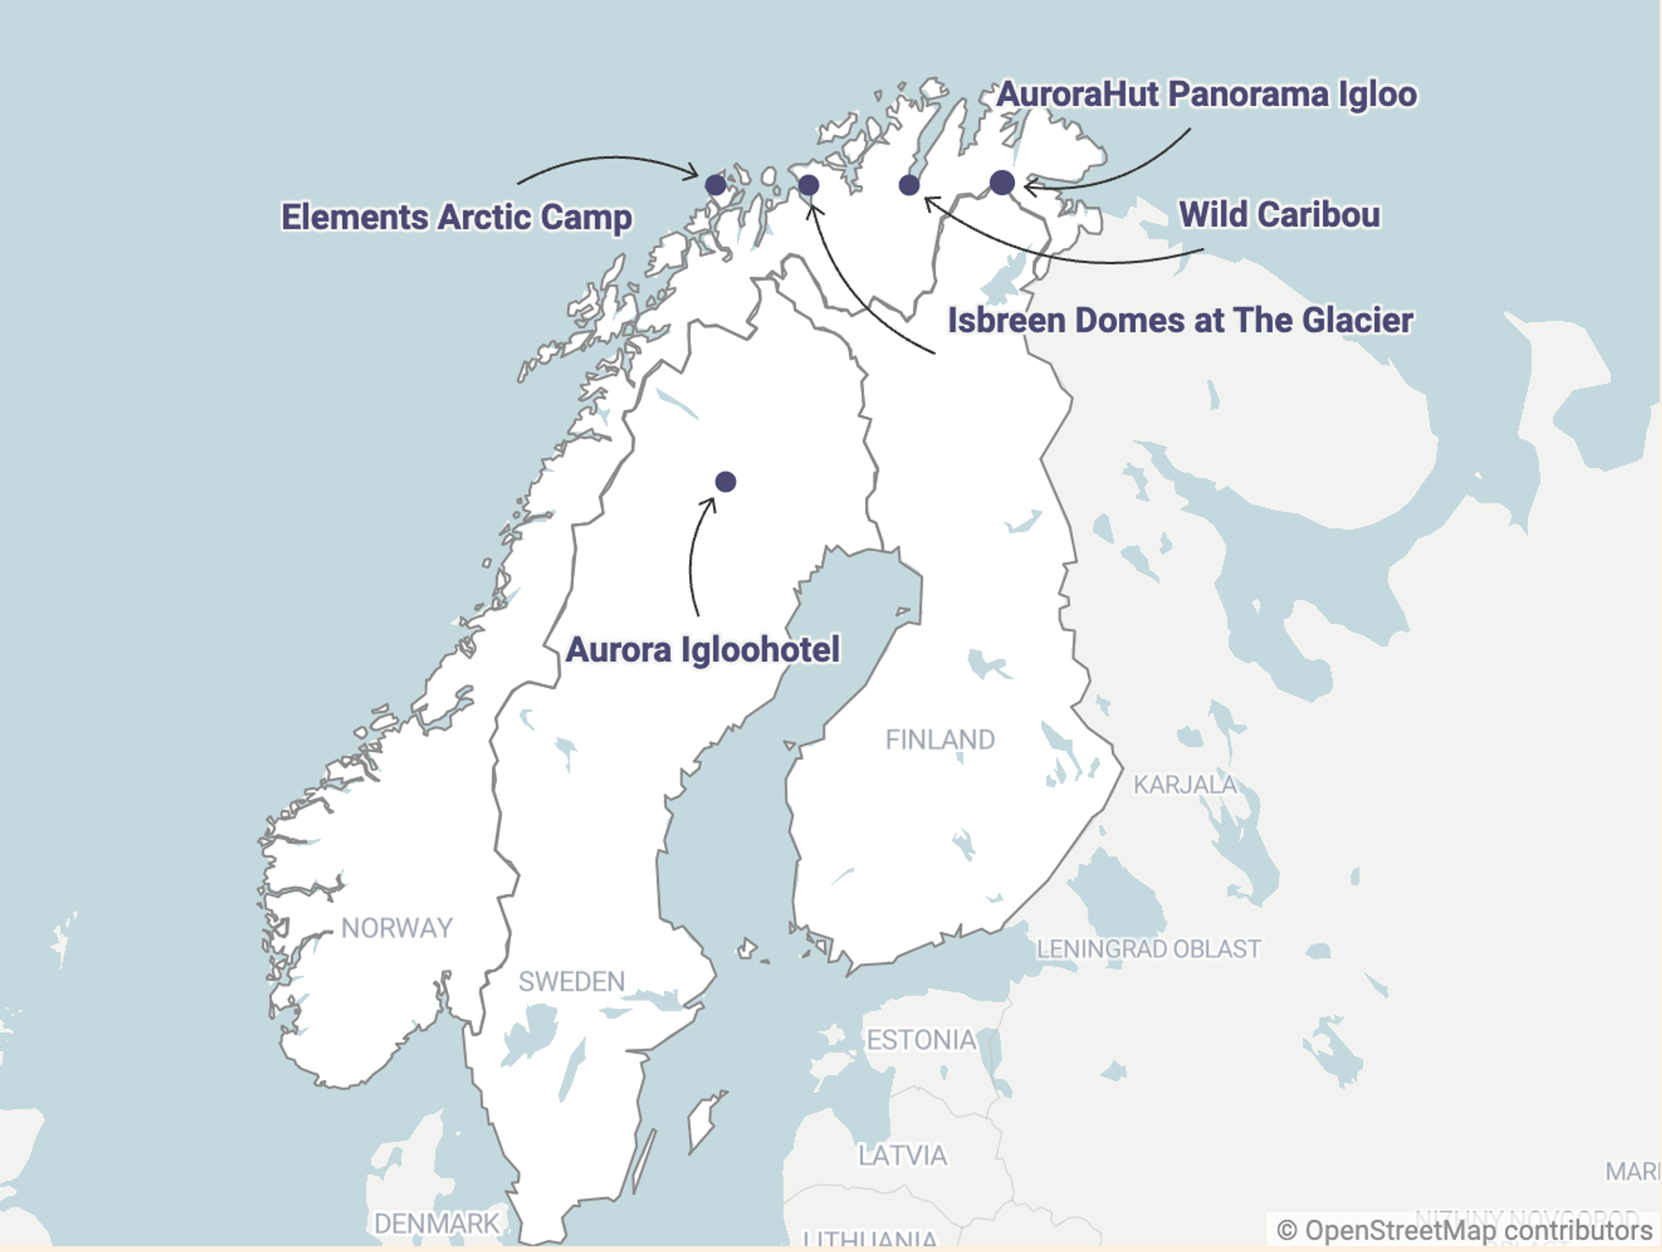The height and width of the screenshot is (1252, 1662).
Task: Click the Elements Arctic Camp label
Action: tap(456, 217)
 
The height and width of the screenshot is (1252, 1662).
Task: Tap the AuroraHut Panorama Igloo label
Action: tap(1206, 95)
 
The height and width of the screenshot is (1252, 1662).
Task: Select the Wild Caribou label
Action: tap(1279, 214)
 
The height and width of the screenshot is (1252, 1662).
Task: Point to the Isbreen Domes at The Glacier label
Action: tap(1179, 320)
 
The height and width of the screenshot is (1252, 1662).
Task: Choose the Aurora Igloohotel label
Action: tap(702, 650)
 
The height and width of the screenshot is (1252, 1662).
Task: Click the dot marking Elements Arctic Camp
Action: tap(715, 184)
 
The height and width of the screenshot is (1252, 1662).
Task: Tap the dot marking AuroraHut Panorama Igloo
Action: tap(1001, 182)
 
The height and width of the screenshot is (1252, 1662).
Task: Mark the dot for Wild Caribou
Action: tap(909, 184)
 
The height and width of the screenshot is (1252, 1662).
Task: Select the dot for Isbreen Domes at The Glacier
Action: tap(808, 185)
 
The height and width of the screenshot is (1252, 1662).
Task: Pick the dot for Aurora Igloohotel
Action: tap(725, 482)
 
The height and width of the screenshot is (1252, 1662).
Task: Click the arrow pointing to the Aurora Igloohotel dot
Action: tap(692, 556)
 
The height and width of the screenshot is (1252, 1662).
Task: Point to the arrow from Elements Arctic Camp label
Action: tap(609, 159)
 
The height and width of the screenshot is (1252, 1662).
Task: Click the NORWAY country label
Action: tap(397, 928)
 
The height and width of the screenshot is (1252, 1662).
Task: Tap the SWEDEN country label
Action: tap(571, 981)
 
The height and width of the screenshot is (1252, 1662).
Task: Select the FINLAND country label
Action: tap(940, 740)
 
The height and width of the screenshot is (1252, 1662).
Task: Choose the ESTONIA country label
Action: tap(921, 1040)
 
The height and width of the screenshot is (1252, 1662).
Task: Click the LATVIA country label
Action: tap(902, 1156)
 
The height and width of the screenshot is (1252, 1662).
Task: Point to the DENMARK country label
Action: tap(436, 1224)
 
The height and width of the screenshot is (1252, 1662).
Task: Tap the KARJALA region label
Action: tap(1184, 785)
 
